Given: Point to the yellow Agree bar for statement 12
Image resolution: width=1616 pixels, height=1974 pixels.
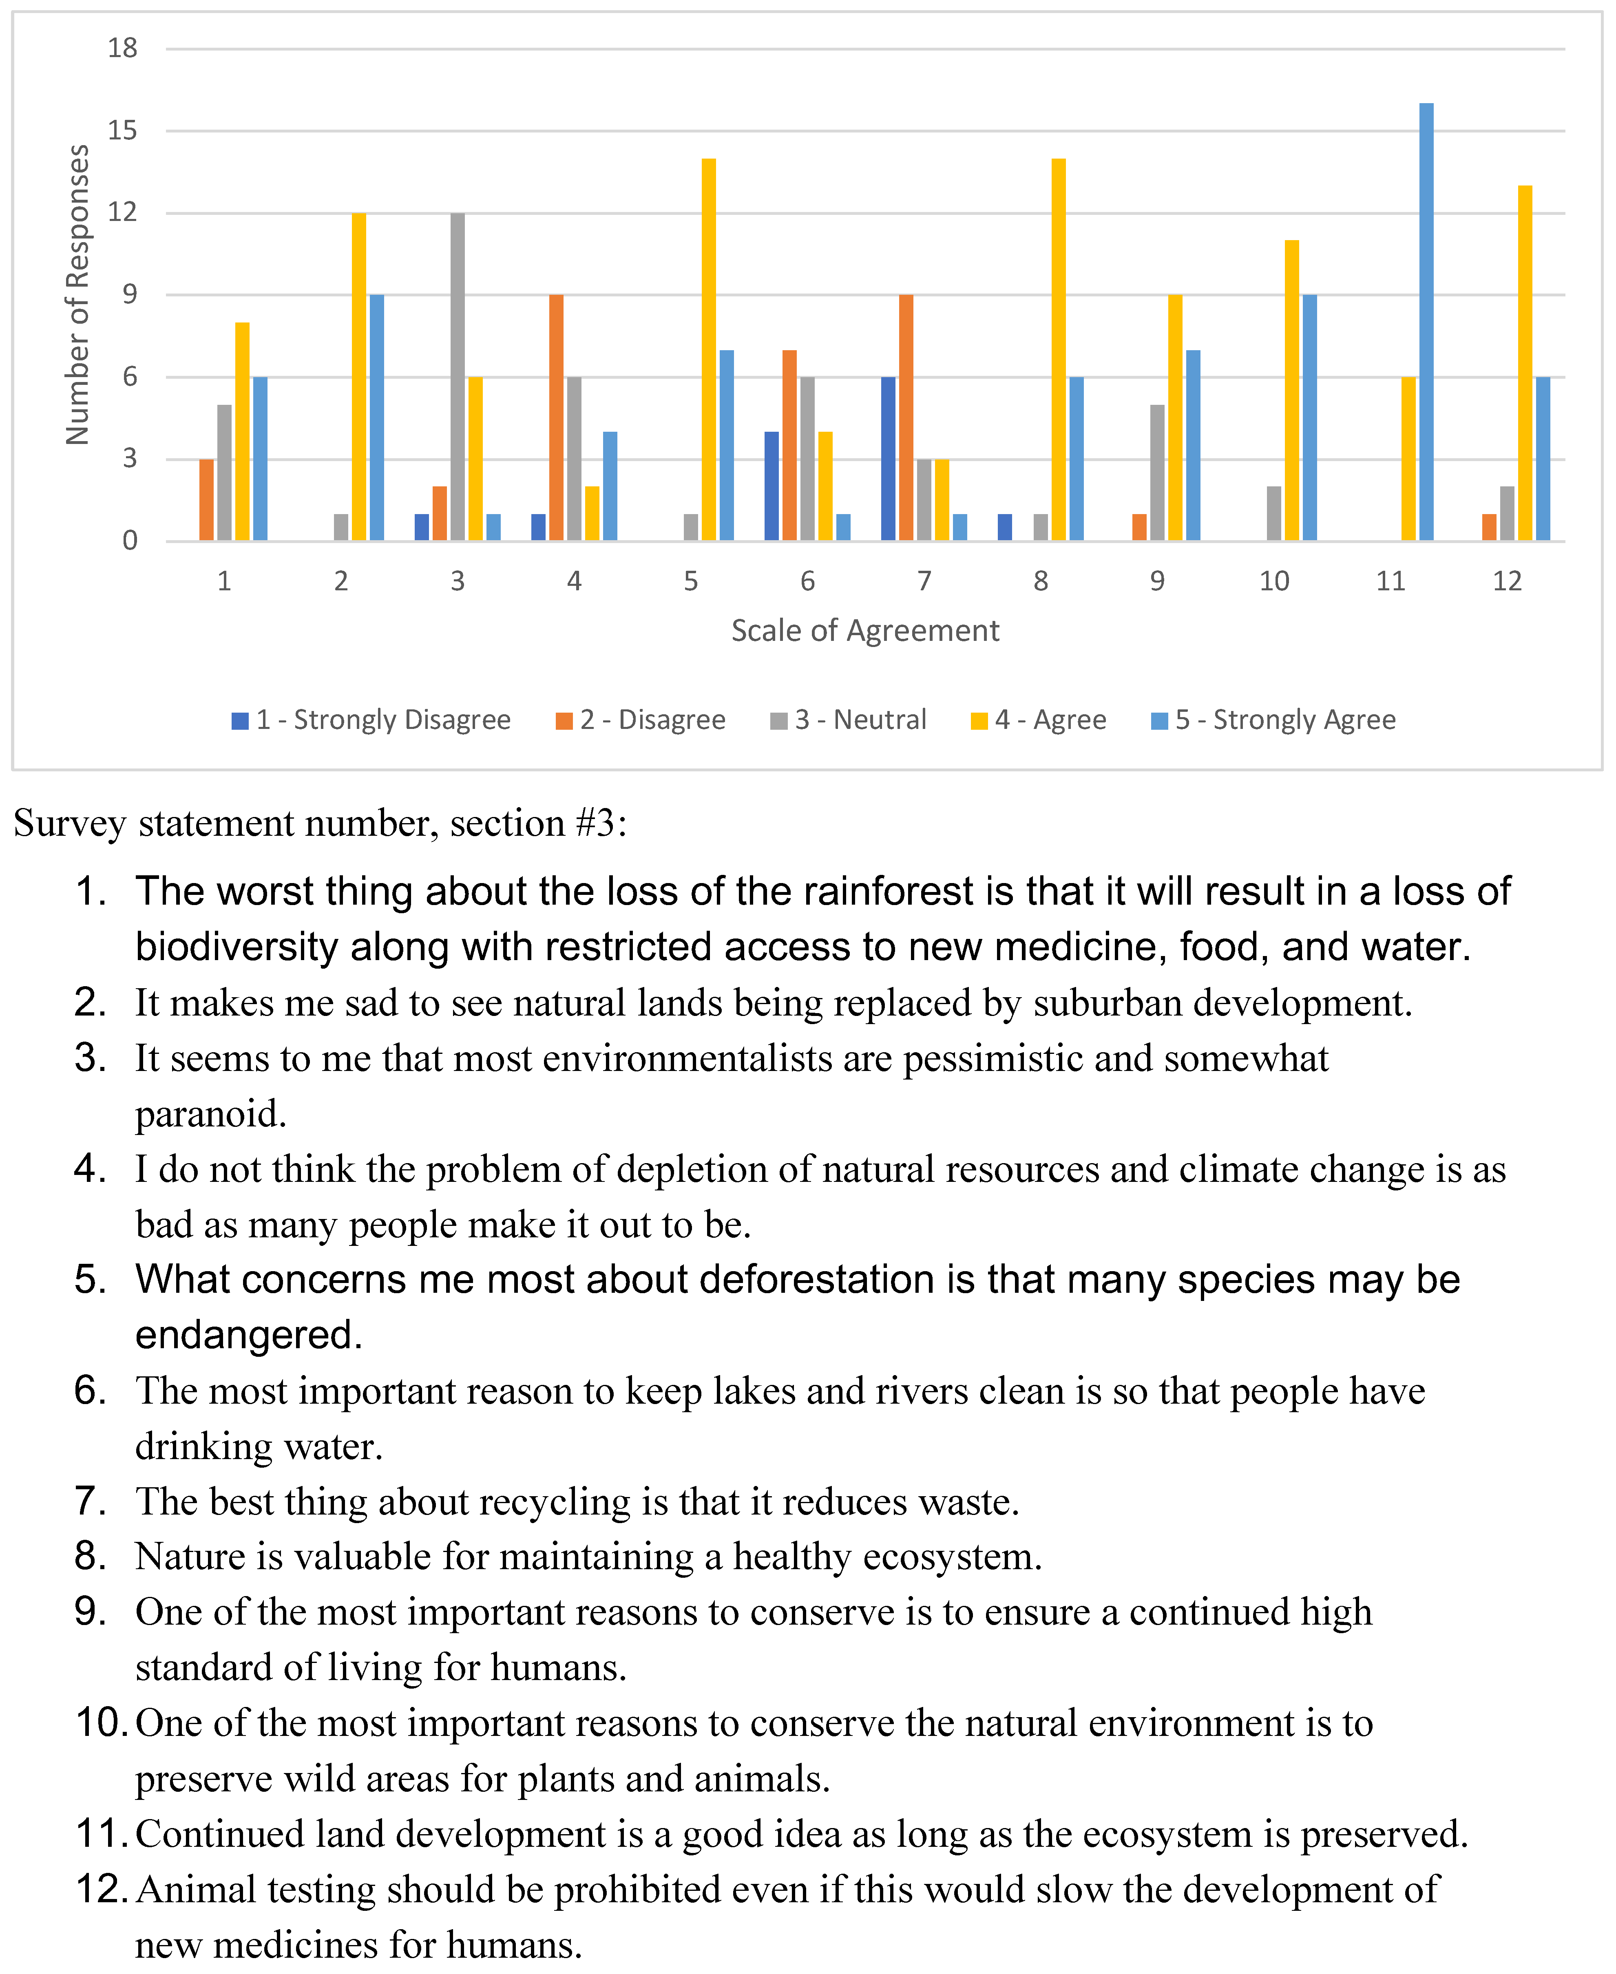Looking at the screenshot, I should click(x=1525, y=363).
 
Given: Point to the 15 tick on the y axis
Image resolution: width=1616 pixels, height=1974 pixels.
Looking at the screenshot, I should click(x=122, y=130).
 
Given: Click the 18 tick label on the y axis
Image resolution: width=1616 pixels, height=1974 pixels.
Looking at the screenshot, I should click(x=122, y=49).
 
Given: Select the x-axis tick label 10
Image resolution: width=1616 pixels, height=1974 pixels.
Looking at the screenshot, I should click(x=1273, y=582).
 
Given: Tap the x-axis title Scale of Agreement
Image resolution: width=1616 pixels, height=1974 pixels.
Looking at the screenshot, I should click(x=865, y=631).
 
